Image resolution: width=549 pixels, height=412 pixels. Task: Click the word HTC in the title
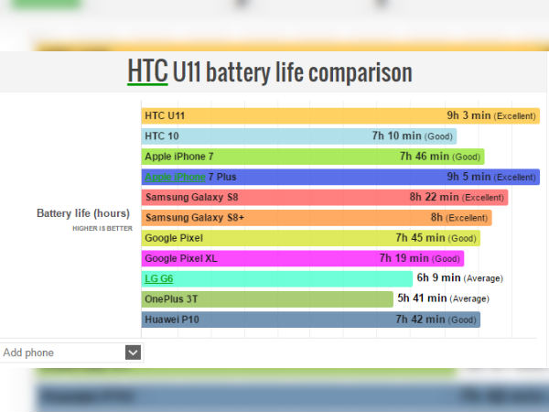coord(147,71)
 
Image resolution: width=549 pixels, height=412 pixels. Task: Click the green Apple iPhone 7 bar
coord(274,157)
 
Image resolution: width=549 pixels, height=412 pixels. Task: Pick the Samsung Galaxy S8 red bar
coord(274,197)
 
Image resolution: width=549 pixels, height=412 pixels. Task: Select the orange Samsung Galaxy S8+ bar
coord(274,218)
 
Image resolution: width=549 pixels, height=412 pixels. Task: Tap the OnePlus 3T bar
coord(256,298)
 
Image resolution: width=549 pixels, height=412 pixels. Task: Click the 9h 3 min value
coord(468,116)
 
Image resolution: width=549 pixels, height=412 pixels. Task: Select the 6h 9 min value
coord(437,278)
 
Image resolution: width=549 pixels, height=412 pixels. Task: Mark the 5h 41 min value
coord(422,298)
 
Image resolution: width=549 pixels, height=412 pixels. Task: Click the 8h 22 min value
coord(434,197)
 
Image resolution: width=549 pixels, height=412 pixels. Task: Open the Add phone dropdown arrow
coord(133,352)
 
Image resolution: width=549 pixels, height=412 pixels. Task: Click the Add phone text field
coord(59,352)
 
